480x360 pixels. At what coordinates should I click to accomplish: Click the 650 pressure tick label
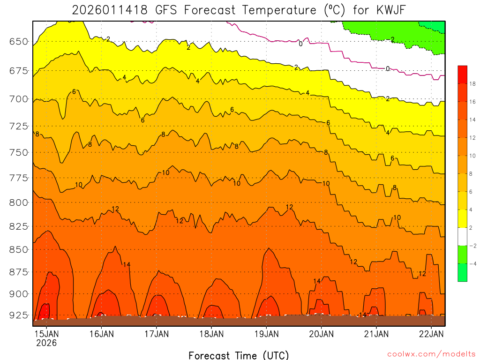click(18, 42)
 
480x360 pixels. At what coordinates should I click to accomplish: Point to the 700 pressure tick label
click(18, 99)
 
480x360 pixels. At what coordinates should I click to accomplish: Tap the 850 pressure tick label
click(18, 250)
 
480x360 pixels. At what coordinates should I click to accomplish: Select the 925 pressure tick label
click(18, 315)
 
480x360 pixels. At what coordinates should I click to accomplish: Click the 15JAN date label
click(46, 334)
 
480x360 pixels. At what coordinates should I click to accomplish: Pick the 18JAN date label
click(211, 334)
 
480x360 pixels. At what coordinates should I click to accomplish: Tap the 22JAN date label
click(431, 334)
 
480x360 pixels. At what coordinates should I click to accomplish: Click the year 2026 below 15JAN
click(46, 343)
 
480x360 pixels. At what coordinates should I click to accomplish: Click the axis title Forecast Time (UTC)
click(239, 355)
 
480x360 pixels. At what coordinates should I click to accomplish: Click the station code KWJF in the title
click(392, 9)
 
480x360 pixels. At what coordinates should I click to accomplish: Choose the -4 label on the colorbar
click(472, 263)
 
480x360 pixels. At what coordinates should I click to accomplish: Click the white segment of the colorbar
click(462, 237)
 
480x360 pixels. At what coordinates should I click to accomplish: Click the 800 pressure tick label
click(18, 202)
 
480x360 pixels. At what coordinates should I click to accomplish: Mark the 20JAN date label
click(322, 334)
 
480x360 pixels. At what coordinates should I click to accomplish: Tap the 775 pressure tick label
click(18, 178)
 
